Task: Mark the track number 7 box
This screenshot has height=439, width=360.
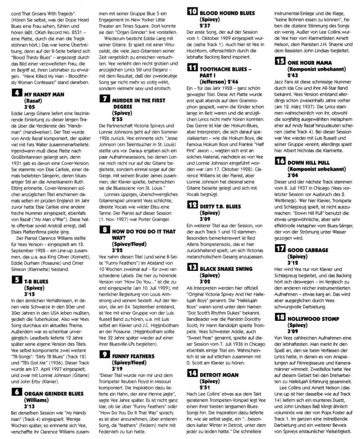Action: click(x=104, y=99)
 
